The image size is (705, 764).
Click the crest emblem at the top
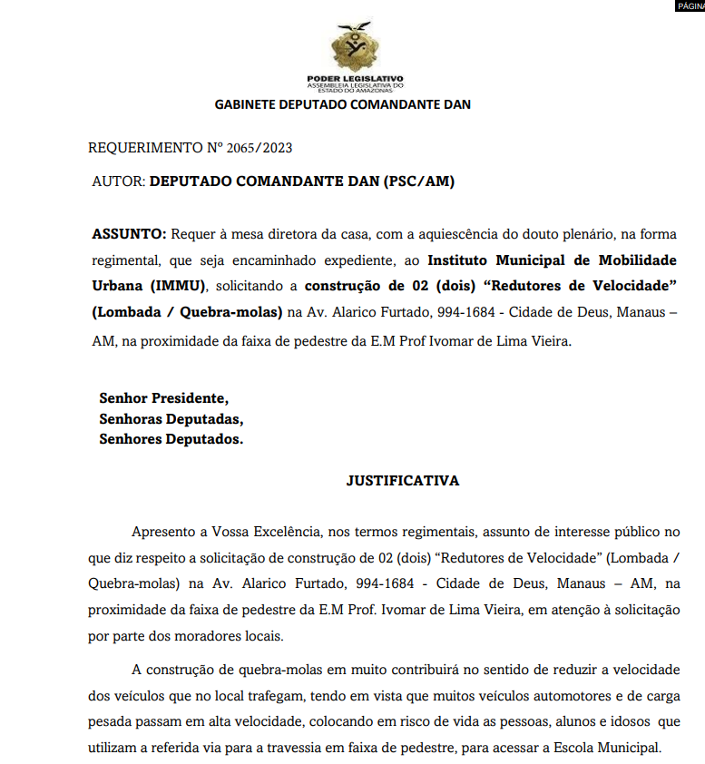tap(356, 45)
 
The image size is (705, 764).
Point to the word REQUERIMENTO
tap(139, 147)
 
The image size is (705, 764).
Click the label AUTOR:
tap(119, 181)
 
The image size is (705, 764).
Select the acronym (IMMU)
tap(177, 287)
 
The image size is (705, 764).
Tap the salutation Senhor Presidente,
tap(164, 397)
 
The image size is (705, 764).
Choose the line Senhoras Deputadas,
tap(171, 419)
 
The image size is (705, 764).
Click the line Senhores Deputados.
tap(171, 440)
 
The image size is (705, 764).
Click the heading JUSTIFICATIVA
tap(403, 481)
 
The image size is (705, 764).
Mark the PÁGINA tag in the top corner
tap(689, 5)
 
